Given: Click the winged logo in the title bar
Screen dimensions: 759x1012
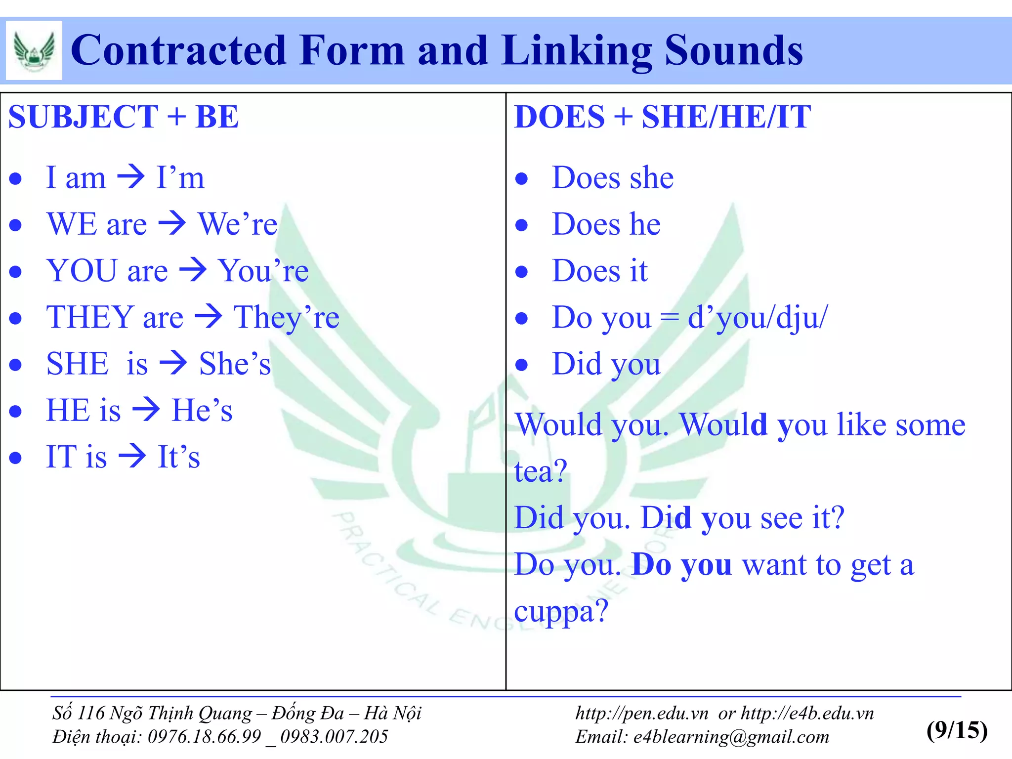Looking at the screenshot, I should [34, 50].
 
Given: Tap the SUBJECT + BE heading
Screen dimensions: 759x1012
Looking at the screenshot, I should [124, 117].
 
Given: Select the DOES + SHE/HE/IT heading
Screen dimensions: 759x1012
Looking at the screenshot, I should [662, 117].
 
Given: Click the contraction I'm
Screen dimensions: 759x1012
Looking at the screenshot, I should [180, 177].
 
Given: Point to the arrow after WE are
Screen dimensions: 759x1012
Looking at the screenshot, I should [172, 223].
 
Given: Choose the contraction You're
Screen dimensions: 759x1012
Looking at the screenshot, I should [263, 270].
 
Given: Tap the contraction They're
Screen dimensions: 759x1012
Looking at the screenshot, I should [287, 317].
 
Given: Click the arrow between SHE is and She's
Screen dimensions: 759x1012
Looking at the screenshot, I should [173, 363].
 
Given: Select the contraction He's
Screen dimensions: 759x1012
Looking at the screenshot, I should [202, 410].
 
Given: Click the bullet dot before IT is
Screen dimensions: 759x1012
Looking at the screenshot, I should [16, 458].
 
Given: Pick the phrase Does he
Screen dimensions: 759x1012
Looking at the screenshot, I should [606, 224].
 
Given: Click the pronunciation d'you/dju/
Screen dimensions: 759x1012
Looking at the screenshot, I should [758, 317].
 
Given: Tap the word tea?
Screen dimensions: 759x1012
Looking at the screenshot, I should [541, 471].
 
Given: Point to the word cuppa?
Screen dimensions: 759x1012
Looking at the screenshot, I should [561, 611].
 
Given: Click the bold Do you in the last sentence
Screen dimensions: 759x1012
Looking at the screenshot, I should [681, 564].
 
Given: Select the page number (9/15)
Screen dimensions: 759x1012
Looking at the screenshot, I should [957, 730].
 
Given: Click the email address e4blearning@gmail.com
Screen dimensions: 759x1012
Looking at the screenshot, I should [731, 737].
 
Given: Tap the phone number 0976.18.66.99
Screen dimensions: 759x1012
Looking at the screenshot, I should [204, 737].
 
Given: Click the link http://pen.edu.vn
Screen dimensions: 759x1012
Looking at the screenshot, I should [641, 713].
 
